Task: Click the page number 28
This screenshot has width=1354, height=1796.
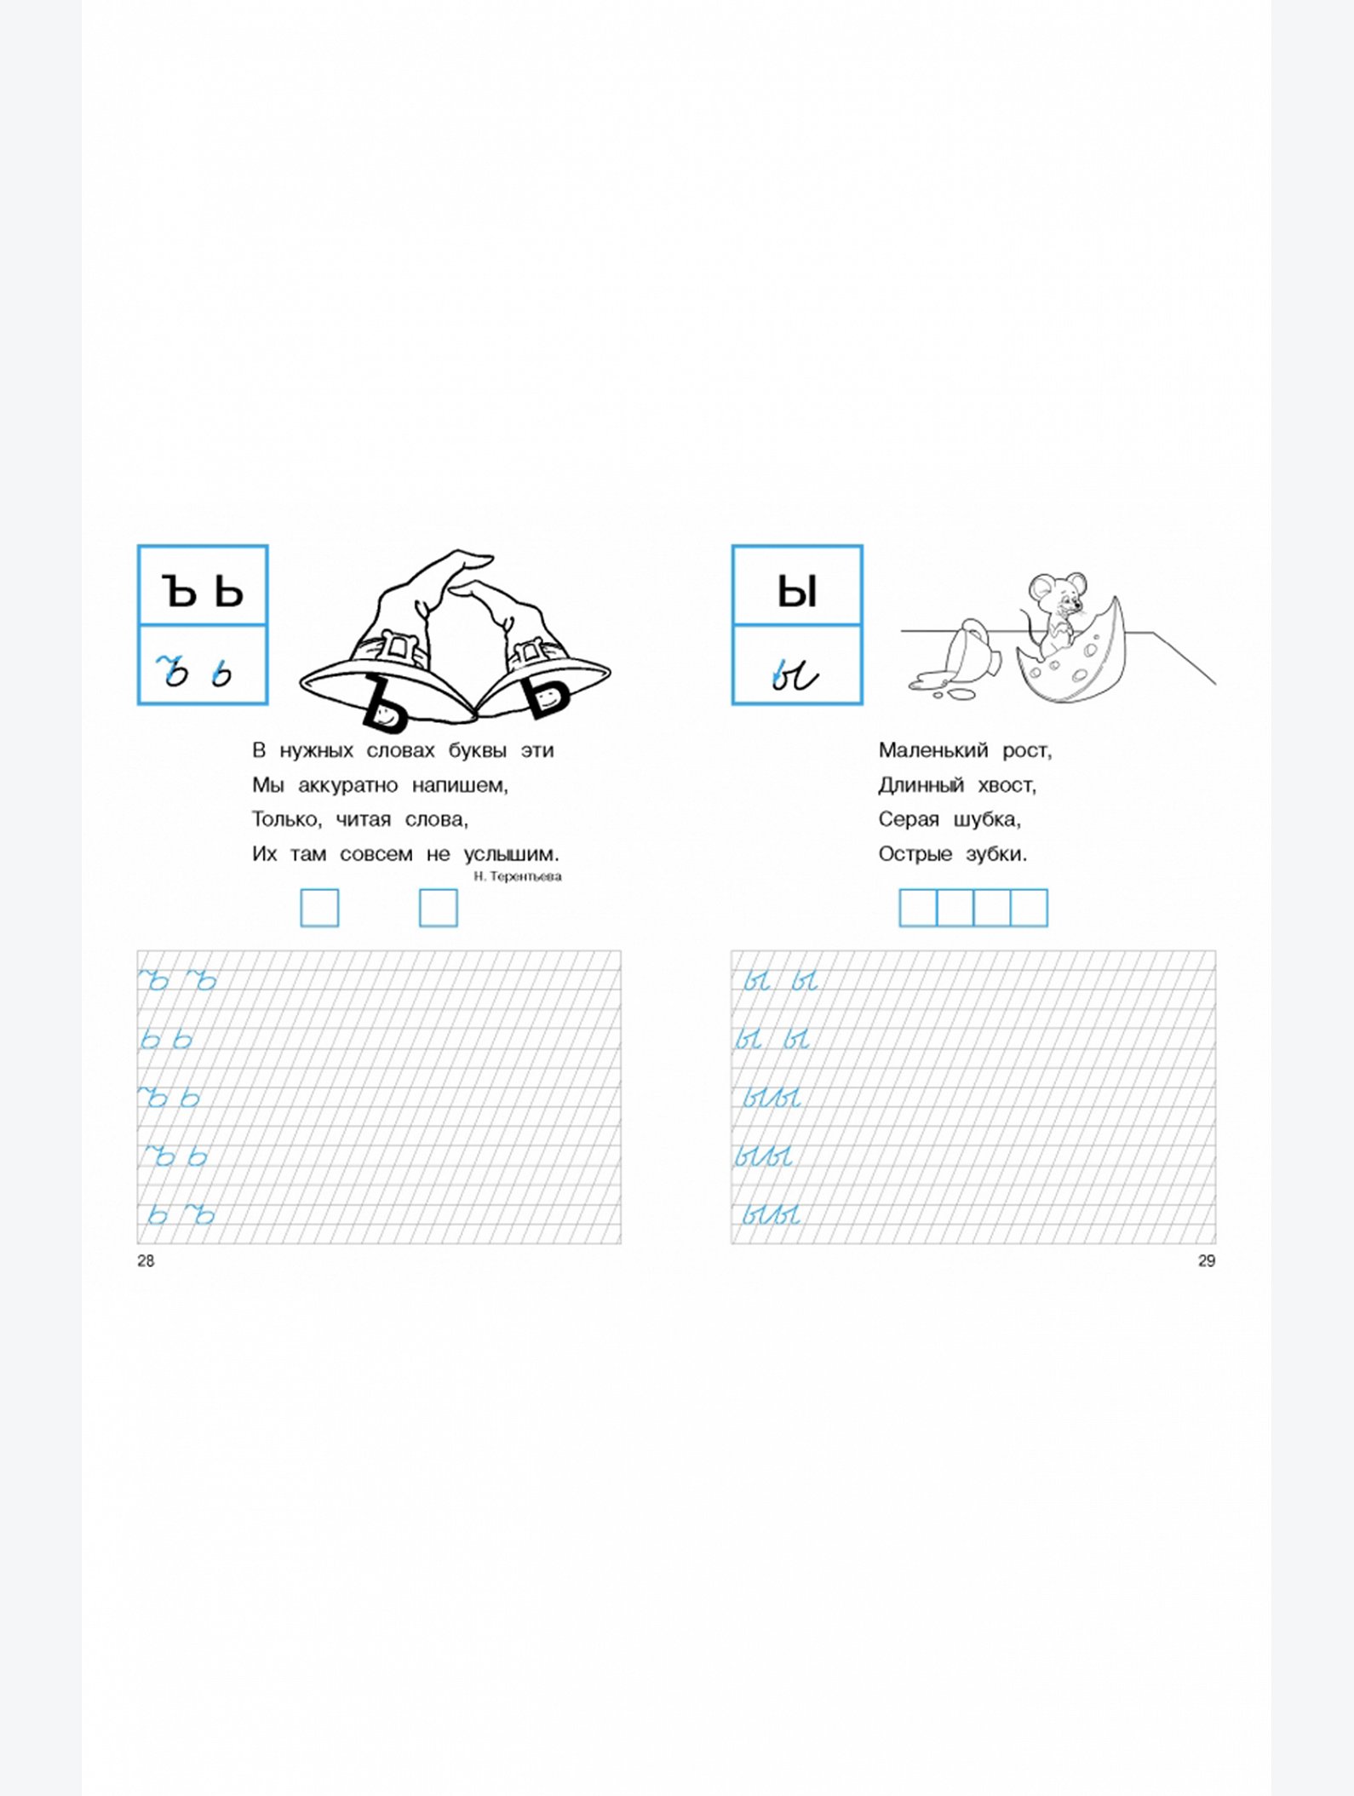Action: pos(146,1261)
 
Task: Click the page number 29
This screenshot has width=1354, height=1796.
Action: pos(1207,1261)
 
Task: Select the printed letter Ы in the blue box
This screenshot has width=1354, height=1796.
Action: pos(797,590)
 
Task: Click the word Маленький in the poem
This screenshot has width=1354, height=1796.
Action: pos(933,750)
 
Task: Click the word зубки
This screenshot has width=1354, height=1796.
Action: pos(995,854)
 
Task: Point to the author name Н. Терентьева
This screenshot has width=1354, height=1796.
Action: pos(518,876)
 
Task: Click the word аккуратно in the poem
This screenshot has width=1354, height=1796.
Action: pos(347,785)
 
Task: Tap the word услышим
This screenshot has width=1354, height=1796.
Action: pos(511,854)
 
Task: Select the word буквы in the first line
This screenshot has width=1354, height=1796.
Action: pos(478,751)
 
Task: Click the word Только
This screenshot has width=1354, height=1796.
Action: pos(287,819)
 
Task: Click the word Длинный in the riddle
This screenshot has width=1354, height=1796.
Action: pos(921,785)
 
